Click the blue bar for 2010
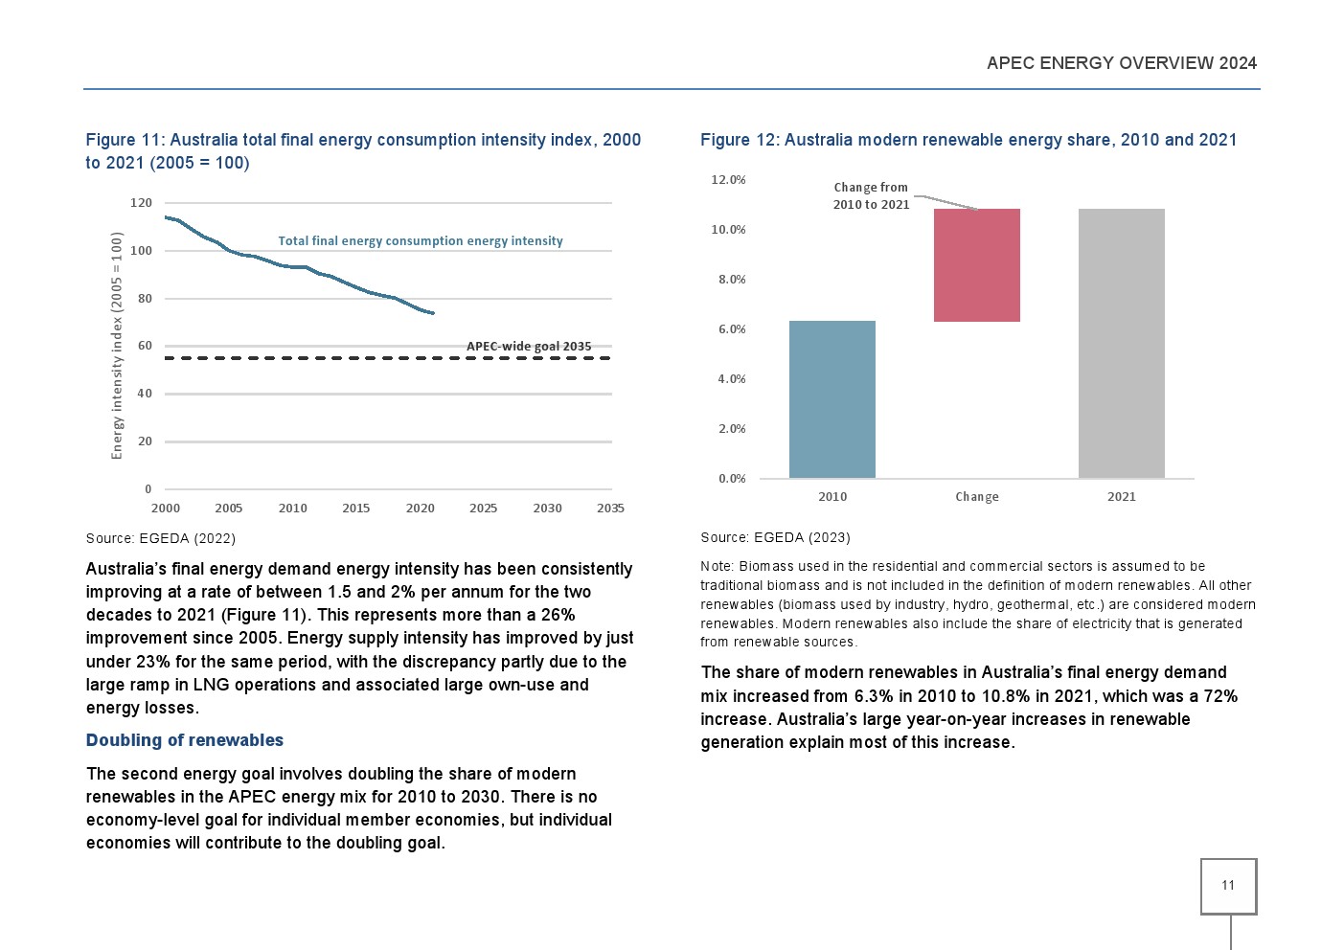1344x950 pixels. [832, 399]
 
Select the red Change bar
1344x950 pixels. [977, 265]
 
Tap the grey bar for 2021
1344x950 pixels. [1122, 343]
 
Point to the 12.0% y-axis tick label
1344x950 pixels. [728, 179]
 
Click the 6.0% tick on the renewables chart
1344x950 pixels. [732, 328]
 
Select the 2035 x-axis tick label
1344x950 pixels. [610, 508]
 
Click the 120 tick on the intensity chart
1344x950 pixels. [141, 203]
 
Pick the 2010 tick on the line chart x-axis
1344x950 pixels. [292, 508]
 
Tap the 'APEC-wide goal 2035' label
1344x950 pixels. [529, 346]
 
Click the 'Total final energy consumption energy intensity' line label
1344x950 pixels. [420, 240]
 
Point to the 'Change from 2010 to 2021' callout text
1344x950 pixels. [871, 195]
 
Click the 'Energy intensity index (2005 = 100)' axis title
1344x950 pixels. [117, 346]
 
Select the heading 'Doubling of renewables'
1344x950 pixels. [184, 739]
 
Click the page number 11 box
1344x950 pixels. [1228, 886]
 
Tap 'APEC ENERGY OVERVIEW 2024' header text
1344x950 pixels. [1122, 63]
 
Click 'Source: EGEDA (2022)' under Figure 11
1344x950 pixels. [161, 538]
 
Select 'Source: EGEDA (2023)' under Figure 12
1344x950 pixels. [775, 537]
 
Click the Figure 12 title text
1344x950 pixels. [968, 140]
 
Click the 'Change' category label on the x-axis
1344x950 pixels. [977, 497]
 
